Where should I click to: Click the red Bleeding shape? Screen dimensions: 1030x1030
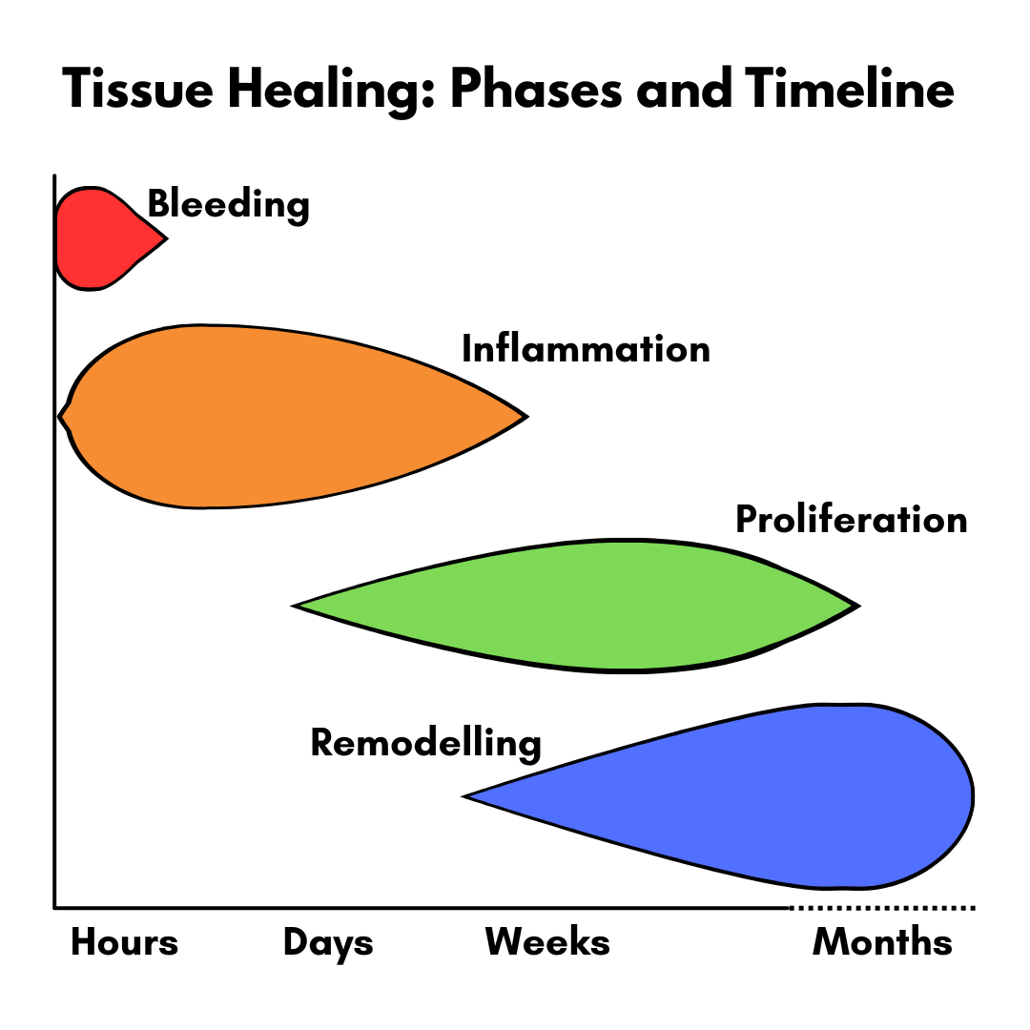(x=105, y=238)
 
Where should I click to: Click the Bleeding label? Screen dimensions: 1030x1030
(x=228, y=205)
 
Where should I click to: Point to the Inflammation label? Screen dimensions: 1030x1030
(x=586, y=349)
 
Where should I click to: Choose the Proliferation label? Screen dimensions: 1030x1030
(x=852, y=520)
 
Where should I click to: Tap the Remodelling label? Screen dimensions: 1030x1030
(x=425, y=744)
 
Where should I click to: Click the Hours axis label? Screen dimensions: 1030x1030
(x=124, y=942)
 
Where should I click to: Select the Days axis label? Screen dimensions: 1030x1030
(x=328, y=944)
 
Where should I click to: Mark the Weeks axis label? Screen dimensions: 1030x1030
(x=547, y=942)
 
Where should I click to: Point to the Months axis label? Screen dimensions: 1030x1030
(x=882, y=942)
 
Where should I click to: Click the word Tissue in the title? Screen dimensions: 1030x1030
(x=138, y=90)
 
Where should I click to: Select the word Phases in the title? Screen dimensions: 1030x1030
(x=536, y=90)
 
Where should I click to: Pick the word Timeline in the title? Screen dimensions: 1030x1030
(x=850, y=88)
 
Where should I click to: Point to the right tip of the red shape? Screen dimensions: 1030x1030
(x=168, y=238)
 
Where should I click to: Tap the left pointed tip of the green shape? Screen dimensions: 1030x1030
(x=293, y=606)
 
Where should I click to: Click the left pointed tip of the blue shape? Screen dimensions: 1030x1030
(x=463, y=796)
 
